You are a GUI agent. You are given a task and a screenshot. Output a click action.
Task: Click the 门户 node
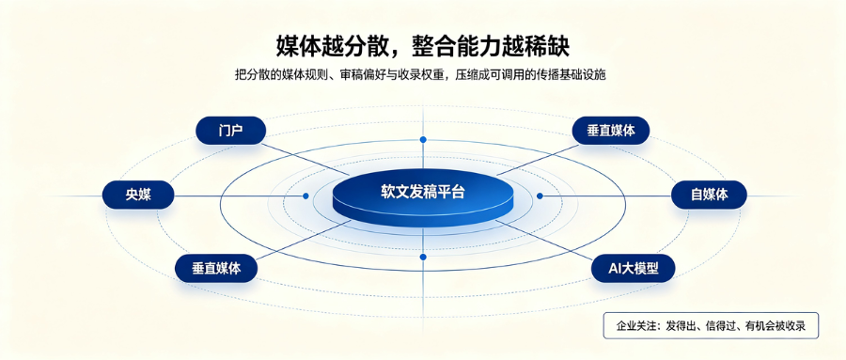click(231, 131)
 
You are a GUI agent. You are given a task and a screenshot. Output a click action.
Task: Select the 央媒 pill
click(138, 195)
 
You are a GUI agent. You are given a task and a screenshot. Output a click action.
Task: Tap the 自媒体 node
click(709, 195)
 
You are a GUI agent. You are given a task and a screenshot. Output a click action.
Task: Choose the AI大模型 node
click(634, 268)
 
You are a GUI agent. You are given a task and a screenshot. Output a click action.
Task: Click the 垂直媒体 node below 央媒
click(216, 268)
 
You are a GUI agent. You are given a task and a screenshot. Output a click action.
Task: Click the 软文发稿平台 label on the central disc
click(422, 192)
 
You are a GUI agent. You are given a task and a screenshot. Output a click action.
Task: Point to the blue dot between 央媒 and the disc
click(305, 196)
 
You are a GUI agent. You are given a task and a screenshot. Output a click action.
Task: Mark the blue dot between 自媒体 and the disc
click(540, 196)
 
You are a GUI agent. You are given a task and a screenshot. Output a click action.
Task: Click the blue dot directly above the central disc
click(423, 140)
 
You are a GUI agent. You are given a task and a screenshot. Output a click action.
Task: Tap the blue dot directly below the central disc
click(423, 257)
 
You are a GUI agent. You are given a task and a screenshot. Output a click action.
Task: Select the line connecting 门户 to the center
click(307, 159)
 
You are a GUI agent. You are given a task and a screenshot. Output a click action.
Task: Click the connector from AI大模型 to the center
click(546, 241)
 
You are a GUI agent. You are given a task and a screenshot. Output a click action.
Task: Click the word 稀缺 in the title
click(548, 46)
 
